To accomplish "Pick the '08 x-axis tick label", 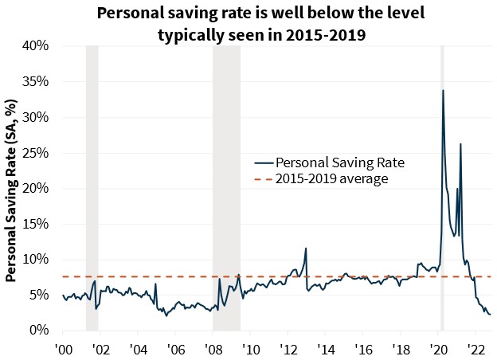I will tap(213, 349).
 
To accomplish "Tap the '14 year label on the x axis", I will tap(325, 349).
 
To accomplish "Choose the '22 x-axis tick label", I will tap(475, 349).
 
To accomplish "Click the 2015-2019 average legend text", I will tap(331, 179).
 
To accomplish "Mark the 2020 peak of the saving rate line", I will tap(443, 91).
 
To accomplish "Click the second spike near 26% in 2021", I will tap(460, 145).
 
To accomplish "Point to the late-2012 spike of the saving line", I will tap(306, 248).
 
